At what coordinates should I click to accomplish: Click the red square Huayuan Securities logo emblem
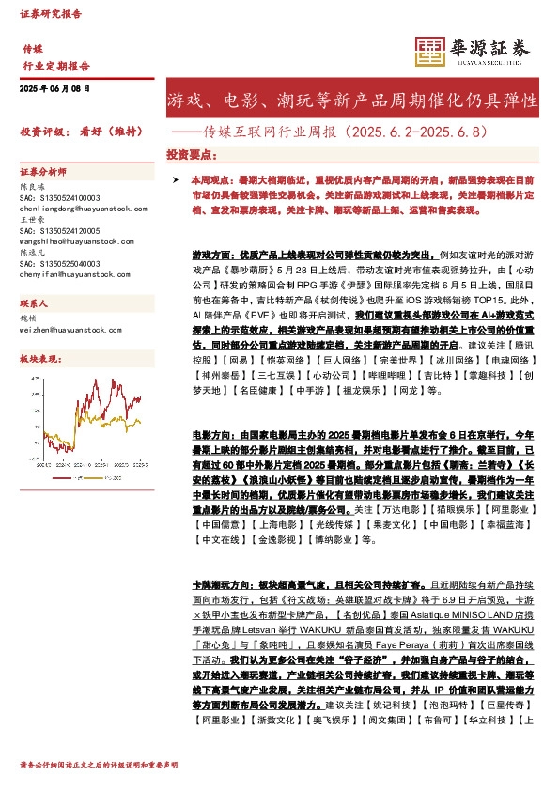[x=428, y=51]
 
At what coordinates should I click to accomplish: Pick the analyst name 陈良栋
[x=32, y=187]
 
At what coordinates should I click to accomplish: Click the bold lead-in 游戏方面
[x=210, y=255]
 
